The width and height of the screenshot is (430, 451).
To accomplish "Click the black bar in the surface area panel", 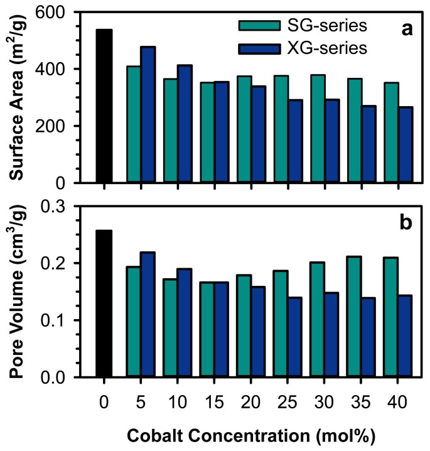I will tap(104, 106).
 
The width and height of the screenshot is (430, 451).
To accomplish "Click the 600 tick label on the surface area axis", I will tap(55, 12).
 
